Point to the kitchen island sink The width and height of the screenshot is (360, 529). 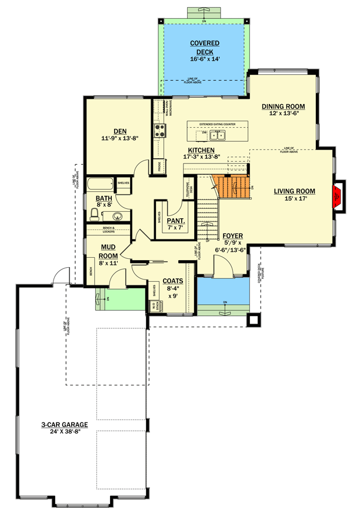pos(219,136)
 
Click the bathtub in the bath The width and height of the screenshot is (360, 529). pos(100,184)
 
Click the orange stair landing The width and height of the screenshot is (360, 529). pos(234,187)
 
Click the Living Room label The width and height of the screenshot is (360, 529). pos(294,191)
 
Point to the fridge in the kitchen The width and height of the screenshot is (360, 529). pos(159,166)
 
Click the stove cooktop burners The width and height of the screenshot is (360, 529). pos(158,131)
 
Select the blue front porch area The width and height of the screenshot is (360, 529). pos(222,291)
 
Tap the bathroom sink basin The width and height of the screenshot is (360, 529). pos(116,215)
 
